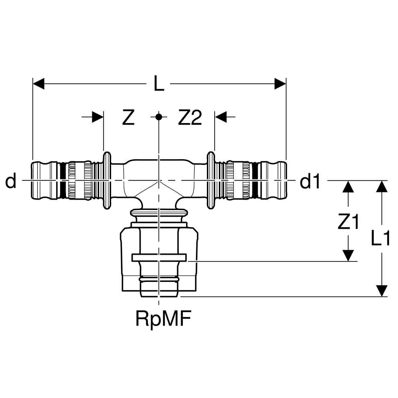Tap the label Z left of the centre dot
point(128,117)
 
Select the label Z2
point(190,117)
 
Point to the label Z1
point(348,222)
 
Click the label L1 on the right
point(380,238)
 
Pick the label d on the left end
point(11,180)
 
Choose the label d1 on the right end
point(310,180)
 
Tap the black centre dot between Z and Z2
point(159,117)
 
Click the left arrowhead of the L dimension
point(38,84)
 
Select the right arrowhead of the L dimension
point(280,84)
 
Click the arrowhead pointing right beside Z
point(98,117)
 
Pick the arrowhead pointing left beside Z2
point(221,117)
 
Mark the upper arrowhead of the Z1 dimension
point(348,186)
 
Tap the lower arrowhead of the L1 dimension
point(381,291)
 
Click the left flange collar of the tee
point(107,180)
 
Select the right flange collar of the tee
point(211,180)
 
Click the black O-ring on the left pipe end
point(63,180)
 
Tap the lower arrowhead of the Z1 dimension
point(348,255)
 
